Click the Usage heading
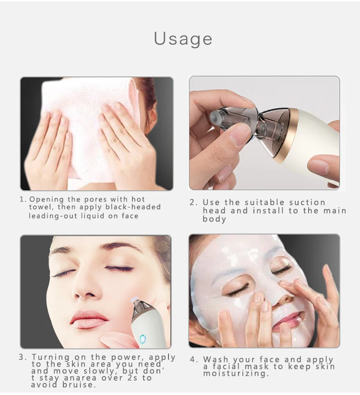[183, 38]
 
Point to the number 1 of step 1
[22, 199]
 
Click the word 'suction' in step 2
[307, 202]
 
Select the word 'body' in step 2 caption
[214, 219]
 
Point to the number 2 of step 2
[192, 202]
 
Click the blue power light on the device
[143, 340]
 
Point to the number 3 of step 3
[22, 358]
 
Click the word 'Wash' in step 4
[216, 359]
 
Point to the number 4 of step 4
[193, 359]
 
